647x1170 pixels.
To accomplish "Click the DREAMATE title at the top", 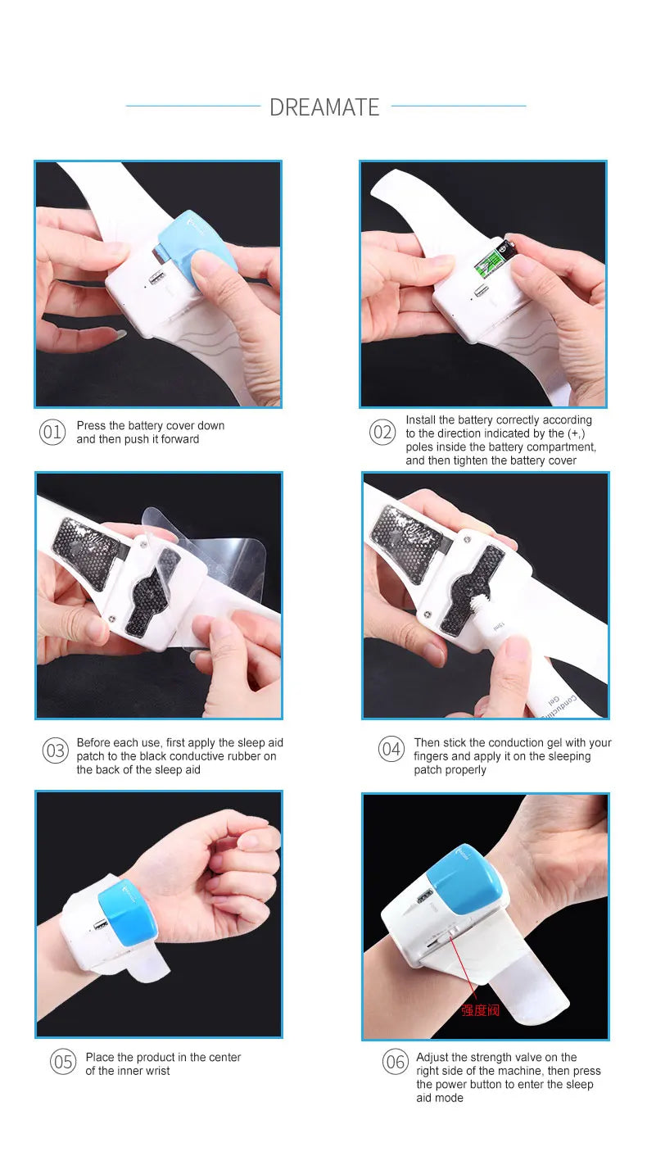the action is (x=324, y=107).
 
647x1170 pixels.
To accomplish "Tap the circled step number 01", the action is (x=52, y=432).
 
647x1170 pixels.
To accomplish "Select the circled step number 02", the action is (x=382, y=432).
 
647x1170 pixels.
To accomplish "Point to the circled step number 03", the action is (x=56, y=751).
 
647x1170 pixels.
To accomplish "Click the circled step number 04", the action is (x=391, y=749).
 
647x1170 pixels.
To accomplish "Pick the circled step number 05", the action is (x=63, y=1062).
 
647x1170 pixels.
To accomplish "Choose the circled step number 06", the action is (x=396, y=1061).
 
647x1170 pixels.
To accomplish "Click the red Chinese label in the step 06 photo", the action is (x=480, y=1010).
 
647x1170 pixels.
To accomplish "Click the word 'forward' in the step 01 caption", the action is (x=179, y=439).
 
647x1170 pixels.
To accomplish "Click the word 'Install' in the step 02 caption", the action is (x=421, y=419).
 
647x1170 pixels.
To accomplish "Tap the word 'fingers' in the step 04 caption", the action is (x=431, y=757).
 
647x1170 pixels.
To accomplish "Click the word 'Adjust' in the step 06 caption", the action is (x=433, y=1058).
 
